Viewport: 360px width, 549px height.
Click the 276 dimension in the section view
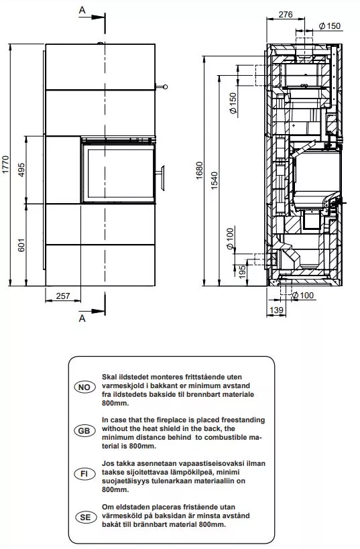point(286,13)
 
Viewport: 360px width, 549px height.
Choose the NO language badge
point(84,388)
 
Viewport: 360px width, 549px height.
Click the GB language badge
point(84,432)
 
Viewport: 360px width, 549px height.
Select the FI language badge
point(84,474)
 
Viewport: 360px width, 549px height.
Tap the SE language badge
point(84,517)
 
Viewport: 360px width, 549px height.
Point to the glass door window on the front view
point(117,172)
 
